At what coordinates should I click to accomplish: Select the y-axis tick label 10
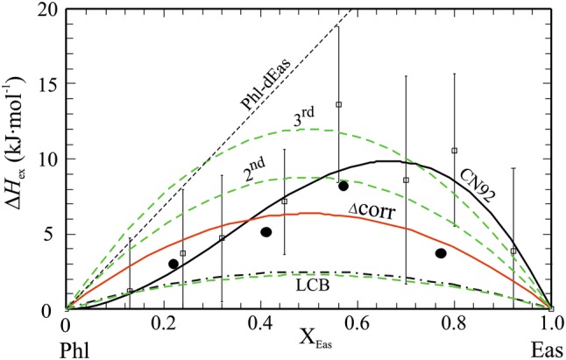tap(48, 159)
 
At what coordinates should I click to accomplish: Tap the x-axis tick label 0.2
tap(164, 324)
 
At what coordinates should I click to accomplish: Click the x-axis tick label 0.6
tap(357, 324)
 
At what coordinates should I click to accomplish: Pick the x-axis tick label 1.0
tap(550, 324)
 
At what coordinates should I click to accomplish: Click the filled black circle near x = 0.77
tap(441, 253)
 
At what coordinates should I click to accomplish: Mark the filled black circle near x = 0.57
tap(343, 186)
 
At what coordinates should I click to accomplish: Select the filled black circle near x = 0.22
tap(173, 264)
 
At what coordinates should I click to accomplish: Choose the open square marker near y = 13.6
tap(338, 104)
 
